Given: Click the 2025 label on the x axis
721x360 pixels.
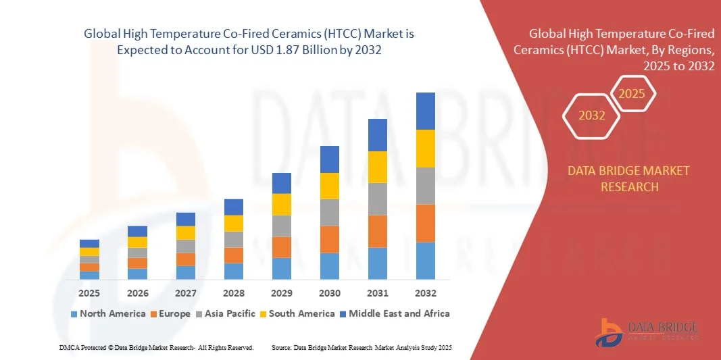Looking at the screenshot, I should point(89,293).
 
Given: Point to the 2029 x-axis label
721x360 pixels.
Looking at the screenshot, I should point(281,293).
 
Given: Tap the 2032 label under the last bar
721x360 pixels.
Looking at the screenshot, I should point(426,293).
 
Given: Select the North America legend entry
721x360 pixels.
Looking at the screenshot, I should point(108,313).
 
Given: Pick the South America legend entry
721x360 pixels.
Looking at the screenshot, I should point(297,313).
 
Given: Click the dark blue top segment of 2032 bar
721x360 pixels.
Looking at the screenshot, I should point(426,111).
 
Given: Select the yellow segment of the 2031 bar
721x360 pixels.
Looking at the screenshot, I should point(378,167).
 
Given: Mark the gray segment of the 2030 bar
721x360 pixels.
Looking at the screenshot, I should point(329,212).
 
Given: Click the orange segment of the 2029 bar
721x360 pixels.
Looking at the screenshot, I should point(281,247).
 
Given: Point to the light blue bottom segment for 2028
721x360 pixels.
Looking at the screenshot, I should point(233,271).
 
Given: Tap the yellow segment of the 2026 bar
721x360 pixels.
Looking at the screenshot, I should point(137,242).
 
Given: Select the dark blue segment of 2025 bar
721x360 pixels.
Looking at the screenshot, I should point(89,244).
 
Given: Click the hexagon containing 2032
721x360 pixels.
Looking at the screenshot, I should point(592,115).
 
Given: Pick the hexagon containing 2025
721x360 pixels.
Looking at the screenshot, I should point(632,94).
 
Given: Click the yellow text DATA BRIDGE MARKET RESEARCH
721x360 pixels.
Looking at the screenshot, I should point(629,178).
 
